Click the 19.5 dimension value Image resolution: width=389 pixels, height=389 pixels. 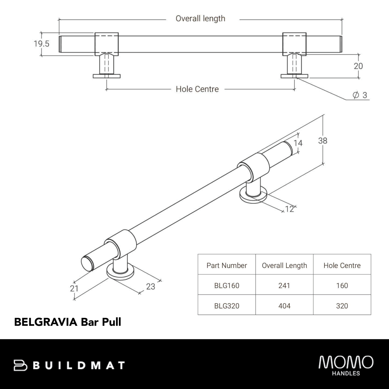[41, 44]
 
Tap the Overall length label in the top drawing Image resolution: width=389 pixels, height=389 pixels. [200, 19]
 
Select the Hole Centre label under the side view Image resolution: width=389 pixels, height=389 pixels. [197, 89]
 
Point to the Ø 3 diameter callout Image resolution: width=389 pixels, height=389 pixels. [360, 95]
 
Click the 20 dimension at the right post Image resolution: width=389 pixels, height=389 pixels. [358, 66]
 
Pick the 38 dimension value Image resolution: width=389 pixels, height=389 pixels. [323, 141]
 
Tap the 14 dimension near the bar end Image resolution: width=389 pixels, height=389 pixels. [298, 143]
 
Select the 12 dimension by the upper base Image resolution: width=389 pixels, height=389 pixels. [289, 209]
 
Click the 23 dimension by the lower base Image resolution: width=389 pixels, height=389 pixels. [150, 287]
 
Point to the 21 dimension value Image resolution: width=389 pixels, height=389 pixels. [74, 288]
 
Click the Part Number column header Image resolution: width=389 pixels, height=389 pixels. [226, 265]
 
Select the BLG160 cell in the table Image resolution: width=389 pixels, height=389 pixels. [226, 285]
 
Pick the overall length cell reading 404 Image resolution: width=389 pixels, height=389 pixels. [284, 306]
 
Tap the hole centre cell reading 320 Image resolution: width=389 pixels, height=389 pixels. [342, 306]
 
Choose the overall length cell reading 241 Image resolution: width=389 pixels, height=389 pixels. [284, 285]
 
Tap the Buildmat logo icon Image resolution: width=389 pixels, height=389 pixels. [20, 365]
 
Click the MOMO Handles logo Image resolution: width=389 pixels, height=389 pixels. [346, 365]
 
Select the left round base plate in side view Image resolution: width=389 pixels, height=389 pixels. [107, 76]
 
